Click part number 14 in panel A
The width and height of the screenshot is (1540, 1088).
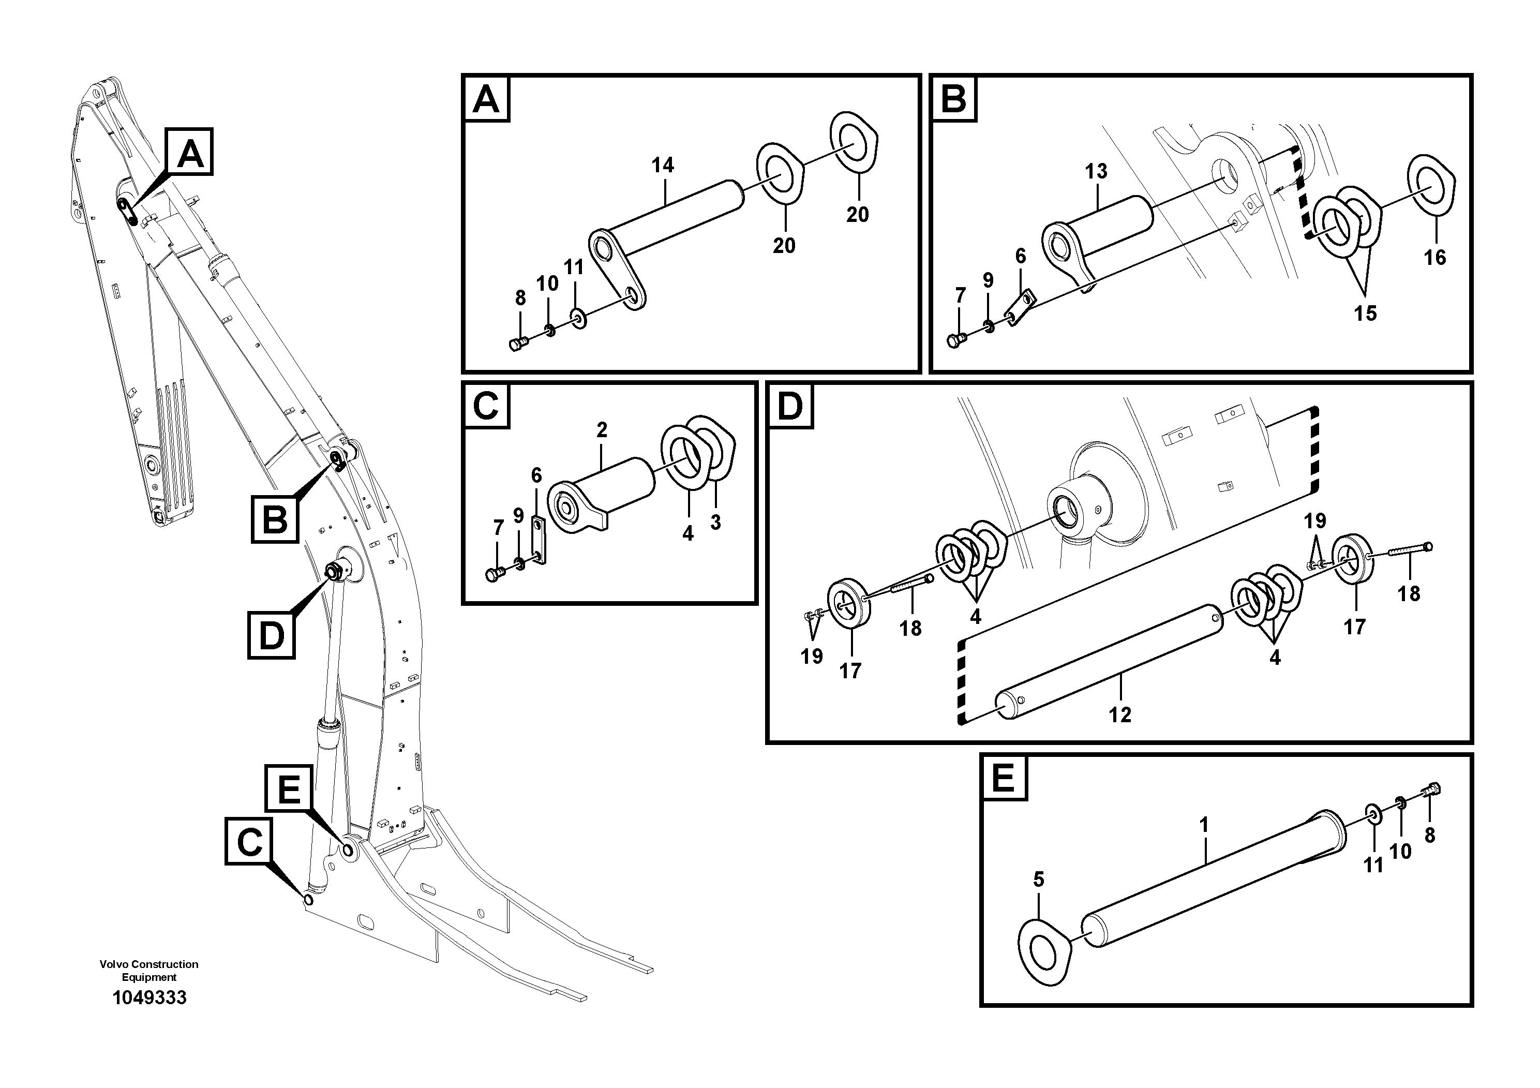[662, 165]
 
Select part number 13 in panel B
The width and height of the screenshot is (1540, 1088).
[1096, 172]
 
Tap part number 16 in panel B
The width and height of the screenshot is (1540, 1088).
[1434, 258]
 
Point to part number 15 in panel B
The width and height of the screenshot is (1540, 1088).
[1365, 313]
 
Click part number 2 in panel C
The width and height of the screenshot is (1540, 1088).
[602, 430]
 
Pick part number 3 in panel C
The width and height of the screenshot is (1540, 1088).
[715, 523]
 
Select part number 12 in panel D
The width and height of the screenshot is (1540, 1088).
[1119, 715]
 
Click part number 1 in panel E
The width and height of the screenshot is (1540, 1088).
[1203, 825]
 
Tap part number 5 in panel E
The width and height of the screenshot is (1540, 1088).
[1038, 880]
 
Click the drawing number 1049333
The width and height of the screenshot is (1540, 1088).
[149, 997]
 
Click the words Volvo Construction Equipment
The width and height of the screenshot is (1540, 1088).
[149, 971]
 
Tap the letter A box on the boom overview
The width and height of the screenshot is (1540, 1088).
[190, 152]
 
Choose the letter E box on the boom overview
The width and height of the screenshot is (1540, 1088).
[289, 788]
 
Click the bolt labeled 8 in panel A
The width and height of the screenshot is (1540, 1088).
[518, 344]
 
